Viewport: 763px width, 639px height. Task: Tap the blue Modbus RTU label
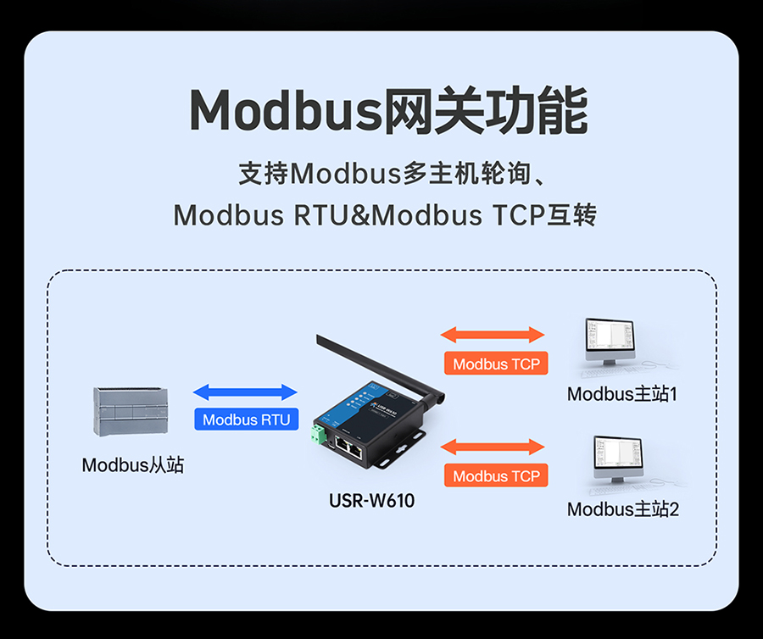(x=246, y=419)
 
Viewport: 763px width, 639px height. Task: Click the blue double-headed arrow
(x=246, y=392)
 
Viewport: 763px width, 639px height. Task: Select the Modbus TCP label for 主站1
(x=496, y=364)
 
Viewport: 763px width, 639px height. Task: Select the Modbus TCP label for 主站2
(x=496, y=475)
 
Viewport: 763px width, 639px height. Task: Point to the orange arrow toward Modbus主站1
(x=493, y=335)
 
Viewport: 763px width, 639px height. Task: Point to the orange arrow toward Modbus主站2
(x=493, y=447)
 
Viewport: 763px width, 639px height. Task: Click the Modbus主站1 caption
(x=622, y=394)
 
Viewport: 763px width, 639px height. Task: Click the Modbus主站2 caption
(x=622, y=509)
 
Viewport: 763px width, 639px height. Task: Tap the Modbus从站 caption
(x=133, y=465)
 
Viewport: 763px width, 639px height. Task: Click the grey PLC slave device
(x=130, y=411)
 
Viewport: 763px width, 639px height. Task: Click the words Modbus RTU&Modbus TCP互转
(x=385, y=215)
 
